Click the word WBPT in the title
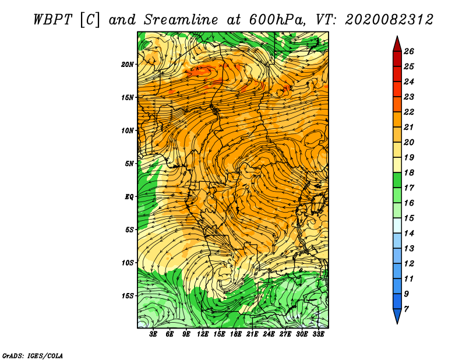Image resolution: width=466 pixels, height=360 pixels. click(x=52, y=19)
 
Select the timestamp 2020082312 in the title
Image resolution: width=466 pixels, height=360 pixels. click(x=389, y=19)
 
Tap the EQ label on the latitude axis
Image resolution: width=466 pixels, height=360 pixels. click(x=129, y=196)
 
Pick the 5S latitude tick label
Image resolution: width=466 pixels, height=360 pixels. click(x=130, y=230)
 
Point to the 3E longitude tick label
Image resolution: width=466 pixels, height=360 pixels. click(x=154, y=334)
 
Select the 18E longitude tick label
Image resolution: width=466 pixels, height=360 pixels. click(x=236, y=334)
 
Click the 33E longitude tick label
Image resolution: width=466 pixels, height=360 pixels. click(x=319, y=334)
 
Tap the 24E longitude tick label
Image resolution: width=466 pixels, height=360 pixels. click(x=269, y=334)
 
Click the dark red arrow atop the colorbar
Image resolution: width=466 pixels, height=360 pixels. click(x=397, y=43)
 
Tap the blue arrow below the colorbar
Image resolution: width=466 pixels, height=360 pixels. click(x=397, y=316)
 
